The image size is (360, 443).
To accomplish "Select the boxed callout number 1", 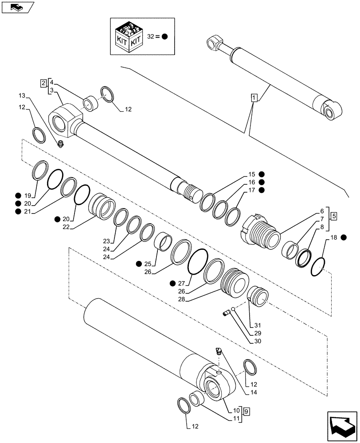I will (x=253, y=97).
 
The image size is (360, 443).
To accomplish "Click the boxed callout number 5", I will (x=333, y=216).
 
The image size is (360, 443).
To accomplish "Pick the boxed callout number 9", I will (x=247, y=411).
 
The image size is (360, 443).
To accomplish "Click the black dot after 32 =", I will (x=164, y=37).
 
